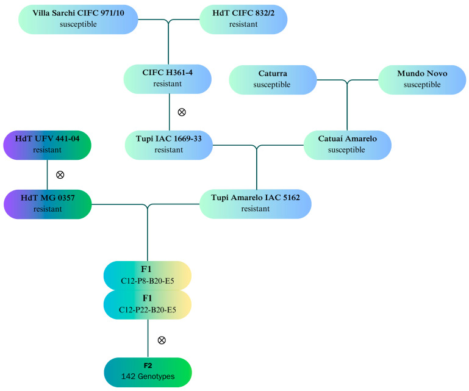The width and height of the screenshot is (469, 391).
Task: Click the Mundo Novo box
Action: click(x=421, y=79)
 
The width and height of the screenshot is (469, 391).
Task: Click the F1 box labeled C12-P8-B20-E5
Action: click(x=148, y=274)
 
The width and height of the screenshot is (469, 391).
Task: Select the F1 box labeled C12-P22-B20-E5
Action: click(x=148, y=303)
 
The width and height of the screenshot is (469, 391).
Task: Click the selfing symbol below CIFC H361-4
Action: click(x=181, y=112)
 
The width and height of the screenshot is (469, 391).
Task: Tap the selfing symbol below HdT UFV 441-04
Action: click(x=60, y=174)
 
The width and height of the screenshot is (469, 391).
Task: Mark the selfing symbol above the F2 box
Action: click(x=161, y=340)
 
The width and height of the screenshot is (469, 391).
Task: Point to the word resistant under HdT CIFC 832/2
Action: click(x=243, y=24)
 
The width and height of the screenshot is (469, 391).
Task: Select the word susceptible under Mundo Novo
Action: click(x=421, y=85)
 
